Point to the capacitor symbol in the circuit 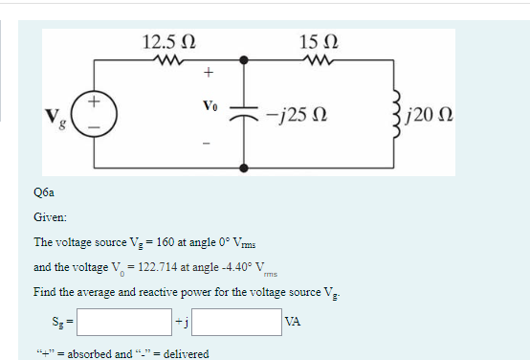tap(245, 115)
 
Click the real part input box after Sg tap(123, 323)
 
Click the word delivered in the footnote tap(186, 351)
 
